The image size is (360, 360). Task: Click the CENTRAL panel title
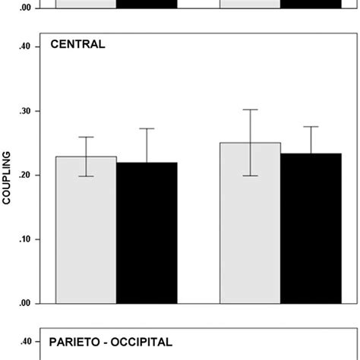click(77, 44)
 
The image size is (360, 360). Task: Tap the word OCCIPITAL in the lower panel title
click(143, 342)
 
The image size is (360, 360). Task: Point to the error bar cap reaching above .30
click(250, 109)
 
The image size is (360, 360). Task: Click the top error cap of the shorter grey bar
click(86, 137)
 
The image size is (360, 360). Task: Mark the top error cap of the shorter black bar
click(147, 128)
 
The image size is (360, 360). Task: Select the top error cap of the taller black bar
click(311, 127)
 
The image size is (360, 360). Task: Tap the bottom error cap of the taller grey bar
click(250, 175)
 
